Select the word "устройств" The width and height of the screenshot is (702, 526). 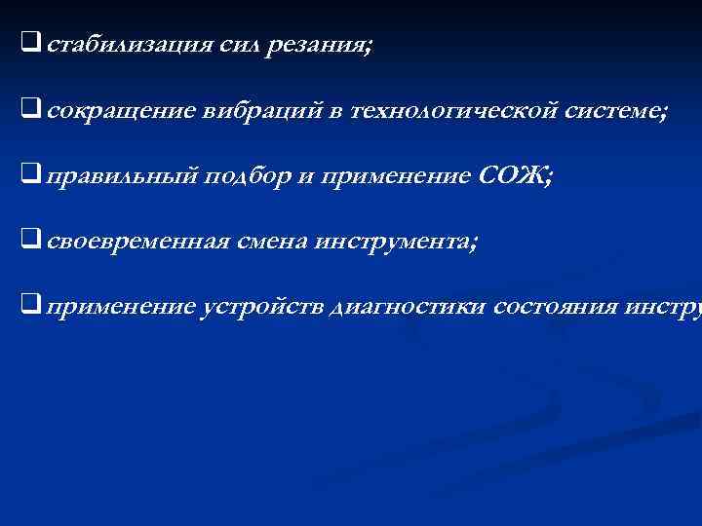pyautogui.click(x=262, y=308)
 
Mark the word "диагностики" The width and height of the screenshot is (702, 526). pyautogui.click(x=410, y=308)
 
